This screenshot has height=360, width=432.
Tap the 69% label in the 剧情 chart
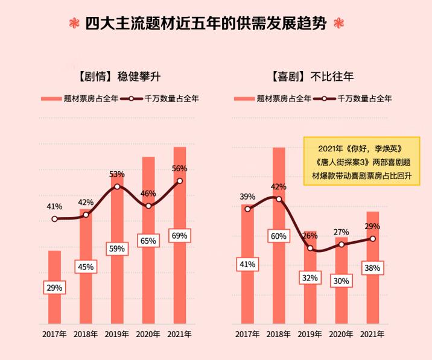pos(180,236)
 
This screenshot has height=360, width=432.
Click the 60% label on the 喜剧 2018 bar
pos(278,236)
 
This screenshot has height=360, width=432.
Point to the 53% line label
pos(117,174)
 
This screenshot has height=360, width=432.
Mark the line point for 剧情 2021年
pos(180,181)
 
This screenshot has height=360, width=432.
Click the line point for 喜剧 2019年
pos(310,248)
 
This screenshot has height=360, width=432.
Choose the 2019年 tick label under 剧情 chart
pos(117,333)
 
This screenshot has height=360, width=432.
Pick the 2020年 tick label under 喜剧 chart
pos(341,333)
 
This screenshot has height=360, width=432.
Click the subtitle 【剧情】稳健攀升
pos(117,77)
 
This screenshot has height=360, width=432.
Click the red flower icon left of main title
pos(74,25)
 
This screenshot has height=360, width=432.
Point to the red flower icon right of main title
pos(339,25)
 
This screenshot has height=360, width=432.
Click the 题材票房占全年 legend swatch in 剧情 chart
pos(51,98)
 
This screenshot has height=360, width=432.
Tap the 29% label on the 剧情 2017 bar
pos(54,288)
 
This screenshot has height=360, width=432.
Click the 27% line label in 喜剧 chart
pos(341,232)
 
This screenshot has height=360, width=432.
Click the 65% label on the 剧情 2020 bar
pos(148,241)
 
